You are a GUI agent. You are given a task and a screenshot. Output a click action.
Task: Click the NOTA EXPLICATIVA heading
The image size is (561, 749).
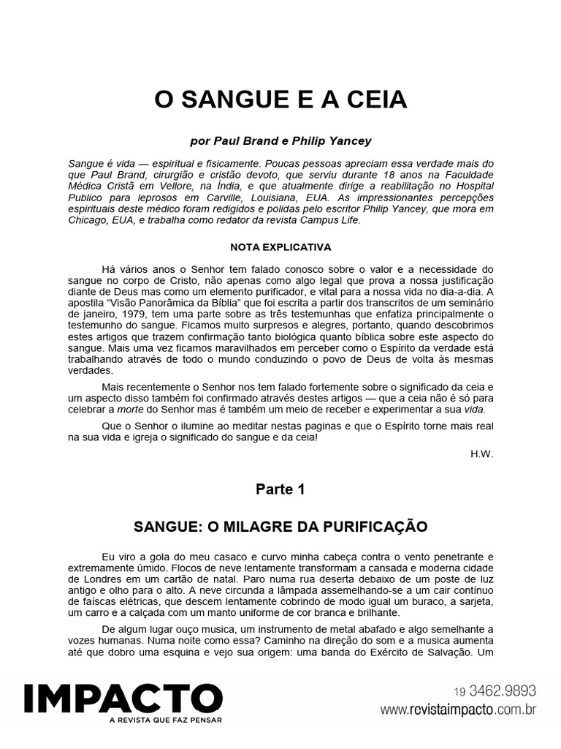coord(280,246)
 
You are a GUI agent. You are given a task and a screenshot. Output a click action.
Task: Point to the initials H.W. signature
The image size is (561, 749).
coord(483,453)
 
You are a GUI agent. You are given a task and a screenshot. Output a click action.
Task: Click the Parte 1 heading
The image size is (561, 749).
coord(280,491)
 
